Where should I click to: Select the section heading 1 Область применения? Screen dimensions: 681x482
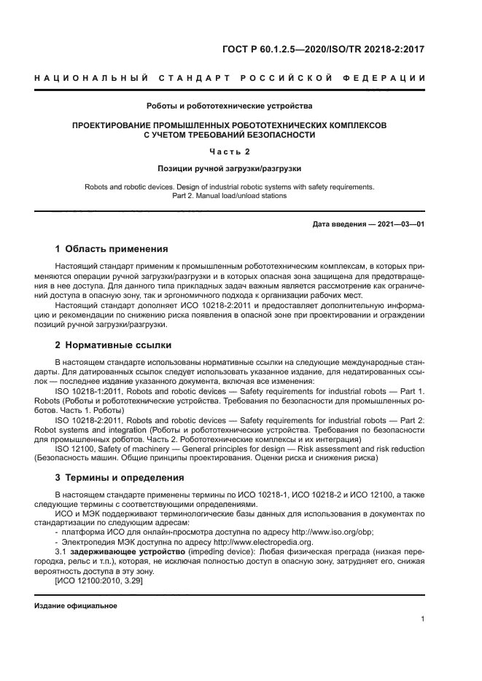click(x=112, y=248)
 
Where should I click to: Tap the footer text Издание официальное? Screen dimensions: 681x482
click(x=76, y=606)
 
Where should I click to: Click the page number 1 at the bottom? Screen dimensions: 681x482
click(x=422, y=619)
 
